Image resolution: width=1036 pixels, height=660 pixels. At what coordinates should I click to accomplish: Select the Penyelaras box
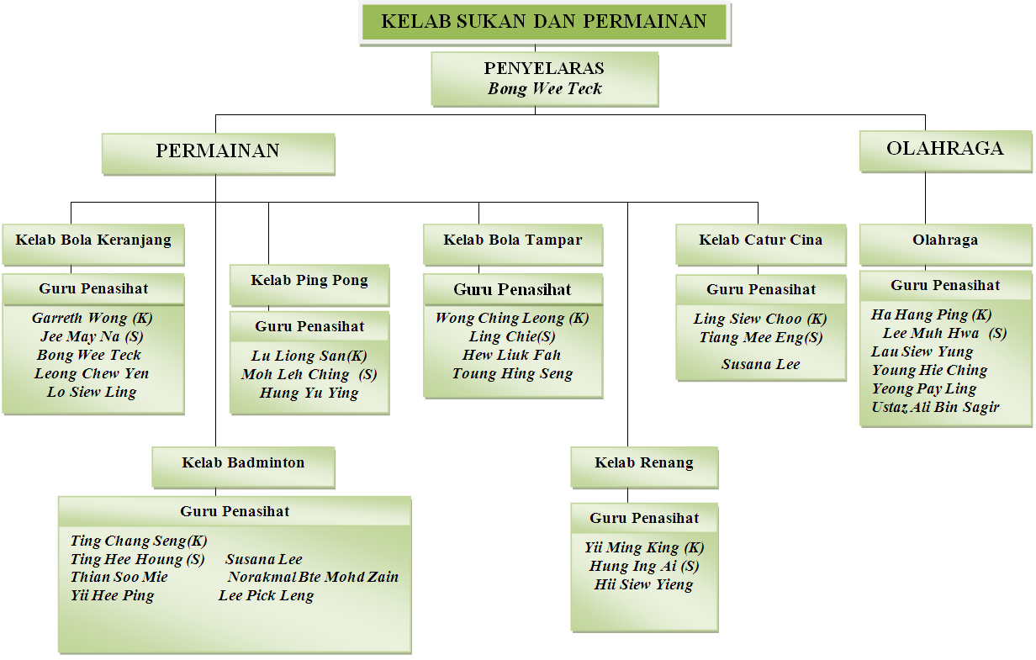click(545, 79)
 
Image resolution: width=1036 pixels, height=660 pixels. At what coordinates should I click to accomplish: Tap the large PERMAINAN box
click(219, 154)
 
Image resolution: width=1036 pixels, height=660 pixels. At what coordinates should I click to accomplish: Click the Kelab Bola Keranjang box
click(93, 245)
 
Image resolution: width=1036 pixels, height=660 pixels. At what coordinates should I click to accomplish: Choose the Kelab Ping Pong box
click(309, 285)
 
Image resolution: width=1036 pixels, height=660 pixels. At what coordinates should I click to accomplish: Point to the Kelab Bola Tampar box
click(513, 245)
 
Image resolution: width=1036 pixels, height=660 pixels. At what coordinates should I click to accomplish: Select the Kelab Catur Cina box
click(761, 245)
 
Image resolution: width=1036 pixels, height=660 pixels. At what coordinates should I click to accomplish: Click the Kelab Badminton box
click(243, 467)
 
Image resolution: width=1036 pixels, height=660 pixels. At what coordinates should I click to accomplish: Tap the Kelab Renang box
click(644, 467)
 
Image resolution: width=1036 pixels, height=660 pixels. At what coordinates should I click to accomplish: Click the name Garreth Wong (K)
click(92, 318)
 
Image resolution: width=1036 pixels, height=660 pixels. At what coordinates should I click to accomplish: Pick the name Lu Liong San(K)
click(309, 356)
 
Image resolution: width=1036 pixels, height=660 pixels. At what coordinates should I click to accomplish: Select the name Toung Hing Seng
click(512, 373)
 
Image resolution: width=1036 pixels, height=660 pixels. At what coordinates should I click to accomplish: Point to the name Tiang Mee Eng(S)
click(761, 337)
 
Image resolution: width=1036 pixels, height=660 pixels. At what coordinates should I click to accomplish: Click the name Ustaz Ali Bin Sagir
click(935, 407)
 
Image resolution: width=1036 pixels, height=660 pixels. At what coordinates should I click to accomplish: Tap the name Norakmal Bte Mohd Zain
click(313, 577)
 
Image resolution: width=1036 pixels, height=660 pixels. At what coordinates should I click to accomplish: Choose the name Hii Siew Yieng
click(644, 584)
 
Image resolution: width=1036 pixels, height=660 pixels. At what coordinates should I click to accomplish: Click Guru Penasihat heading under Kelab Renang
click(644, 518)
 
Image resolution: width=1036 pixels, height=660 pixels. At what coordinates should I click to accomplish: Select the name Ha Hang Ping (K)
click(931, 314)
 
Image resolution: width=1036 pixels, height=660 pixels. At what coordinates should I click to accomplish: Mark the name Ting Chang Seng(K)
click(139, 541)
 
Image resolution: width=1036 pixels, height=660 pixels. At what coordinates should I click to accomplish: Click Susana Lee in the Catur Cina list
click(761, 364)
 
